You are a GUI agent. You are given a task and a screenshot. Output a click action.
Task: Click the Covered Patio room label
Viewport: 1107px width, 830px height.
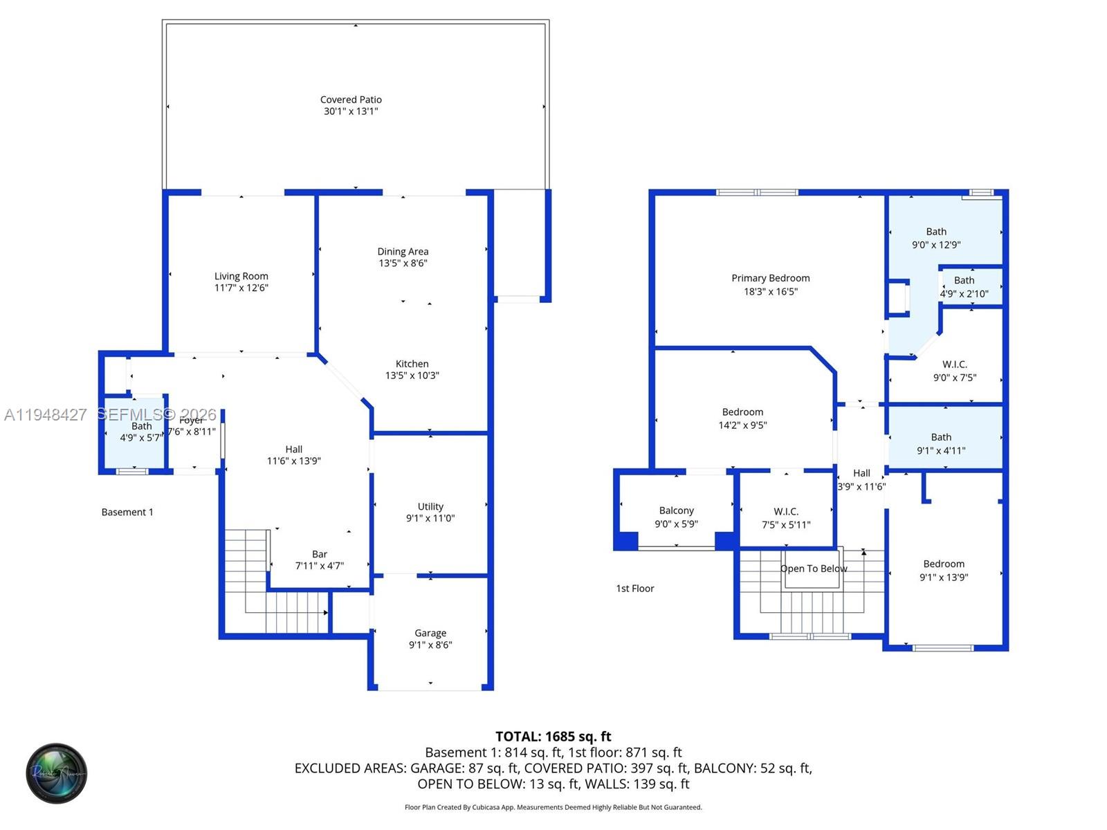(351, 100)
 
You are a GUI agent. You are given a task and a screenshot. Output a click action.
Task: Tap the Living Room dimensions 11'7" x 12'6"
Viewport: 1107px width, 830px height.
(241, 288)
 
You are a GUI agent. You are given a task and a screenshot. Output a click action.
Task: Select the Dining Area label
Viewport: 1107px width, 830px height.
(403, 252)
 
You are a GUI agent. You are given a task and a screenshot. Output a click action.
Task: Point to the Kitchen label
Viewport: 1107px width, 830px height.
(412, 364)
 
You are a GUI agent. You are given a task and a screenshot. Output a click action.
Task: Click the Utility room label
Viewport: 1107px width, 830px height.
(430, 507)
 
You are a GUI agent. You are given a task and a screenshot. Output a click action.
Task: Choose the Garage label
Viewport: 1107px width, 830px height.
(430, 633)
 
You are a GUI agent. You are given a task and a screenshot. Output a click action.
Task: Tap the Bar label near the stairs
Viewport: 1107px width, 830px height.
(320, 554)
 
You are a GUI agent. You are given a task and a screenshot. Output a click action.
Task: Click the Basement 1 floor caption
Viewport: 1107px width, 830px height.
(127, 513)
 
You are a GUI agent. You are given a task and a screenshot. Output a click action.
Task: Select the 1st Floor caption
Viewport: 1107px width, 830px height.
(634, 589)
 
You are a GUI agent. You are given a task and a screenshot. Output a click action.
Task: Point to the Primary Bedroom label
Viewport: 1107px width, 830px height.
(770, 278)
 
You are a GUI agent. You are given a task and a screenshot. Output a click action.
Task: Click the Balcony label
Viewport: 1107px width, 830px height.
(676, 510)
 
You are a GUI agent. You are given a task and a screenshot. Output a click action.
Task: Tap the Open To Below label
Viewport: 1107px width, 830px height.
(814, 569)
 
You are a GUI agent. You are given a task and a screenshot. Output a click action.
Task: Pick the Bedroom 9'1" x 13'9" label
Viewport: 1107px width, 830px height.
(944, 571)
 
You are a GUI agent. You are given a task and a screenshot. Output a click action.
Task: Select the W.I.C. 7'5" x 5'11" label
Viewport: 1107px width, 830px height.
(786, 518)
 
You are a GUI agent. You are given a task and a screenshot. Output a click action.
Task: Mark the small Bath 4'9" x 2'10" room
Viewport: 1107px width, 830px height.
(964, 286)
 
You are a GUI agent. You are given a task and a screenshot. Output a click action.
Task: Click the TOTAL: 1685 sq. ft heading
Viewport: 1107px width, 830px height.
(553, 737)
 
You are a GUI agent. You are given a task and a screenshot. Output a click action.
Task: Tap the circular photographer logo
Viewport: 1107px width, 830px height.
(57, 773)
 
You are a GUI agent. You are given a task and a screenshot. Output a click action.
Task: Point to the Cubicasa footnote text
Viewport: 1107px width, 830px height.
(553, 807)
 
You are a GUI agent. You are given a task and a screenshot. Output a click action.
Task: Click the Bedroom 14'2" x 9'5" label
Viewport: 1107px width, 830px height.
(742, 418)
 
